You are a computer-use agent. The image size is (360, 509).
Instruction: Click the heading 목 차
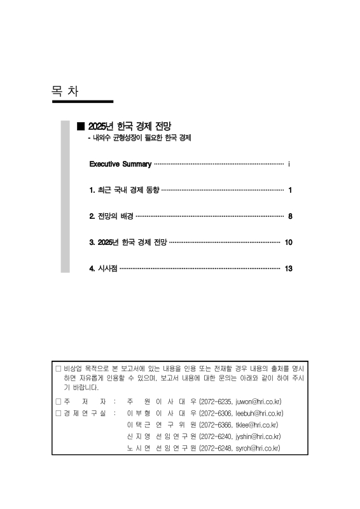65,91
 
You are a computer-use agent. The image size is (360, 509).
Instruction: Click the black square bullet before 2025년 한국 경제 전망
80,126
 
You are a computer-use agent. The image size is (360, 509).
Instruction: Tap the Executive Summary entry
120,164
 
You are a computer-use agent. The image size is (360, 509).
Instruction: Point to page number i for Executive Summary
289,164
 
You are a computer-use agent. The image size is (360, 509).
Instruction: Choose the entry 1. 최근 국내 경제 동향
125,190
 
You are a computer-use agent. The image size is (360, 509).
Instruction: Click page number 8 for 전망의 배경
289,216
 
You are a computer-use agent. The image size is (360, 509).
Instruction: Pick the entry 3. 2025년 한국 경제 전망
128,242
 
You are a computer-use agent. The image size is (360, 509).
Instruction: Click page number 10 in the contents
288,242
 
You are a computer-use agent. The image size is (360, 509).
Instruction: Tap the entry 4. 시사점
103,268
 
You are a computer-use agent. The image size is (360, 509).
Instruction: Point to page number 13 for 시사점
288,268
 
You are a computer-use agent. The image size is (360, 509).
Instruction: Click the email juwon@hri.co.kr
253,401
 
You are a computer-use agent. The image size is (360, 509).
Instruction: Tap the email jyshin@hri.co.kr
254,436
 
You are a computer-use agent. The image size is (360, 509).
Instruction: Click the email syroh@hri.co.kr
254,448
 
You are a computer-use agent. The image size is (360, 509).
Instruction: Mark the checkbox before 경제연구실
58,413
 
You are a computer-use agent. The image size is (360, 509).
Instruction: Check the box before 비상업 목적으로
58,368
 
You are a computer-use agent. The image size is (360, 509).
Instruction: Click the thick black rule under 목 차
82,101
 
